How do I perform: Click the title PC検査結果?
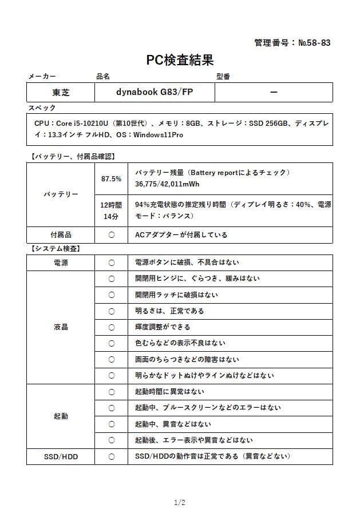180,59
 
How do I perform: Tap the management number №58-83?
292,42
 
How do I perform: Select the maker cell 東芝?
61,92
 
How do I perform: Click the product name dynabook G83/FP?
155,92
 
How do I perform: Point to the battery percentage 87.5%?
111,179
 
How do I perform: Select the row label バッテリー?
61,194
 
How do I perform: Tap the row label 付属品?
61,234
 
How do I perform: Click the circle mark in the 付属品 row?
111,234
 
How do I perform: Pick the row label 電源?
61,263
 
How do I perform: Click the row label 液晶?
61,327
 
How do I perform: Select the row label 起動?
61,416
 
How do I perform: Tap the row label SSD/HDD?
61,456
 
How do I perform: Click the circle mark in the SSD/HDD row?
111,456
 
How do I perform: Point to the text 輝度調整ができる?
163,327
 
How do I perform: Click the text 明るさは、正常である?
169,311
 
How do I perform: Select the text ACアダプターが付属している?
181,234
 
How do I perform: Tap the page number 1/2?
180,503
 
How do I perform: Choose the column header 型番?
223,76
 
